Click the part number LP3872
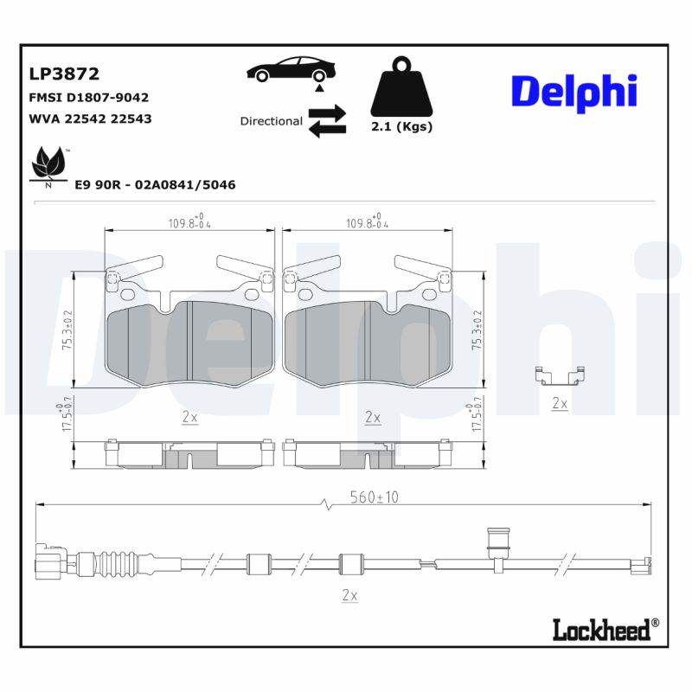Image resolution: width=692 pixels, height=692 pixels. (64, 74)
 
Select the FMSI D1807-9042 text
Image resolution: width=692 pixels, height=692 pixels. (89, 98)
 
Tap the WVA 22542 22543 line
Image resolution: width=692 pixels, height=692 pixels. (90, 119)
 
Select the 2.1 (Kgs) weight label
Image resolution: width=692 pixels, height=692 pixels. (401, 126)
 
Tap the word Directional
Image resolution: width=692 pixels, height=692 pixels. (271, 121)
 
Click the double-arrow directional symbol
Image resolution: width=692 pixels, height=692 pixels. (327, 121)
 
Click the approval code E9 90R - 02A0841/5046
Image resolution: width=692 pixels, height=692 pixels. (155, 185)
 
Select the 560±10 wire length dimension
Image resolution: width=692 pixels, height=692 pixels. (375, 497)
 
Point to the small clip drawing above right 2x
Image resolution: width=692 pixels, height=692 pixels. (560, 376)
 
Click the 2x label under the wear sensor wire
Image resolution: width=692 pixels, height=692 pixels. (349, 595)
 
